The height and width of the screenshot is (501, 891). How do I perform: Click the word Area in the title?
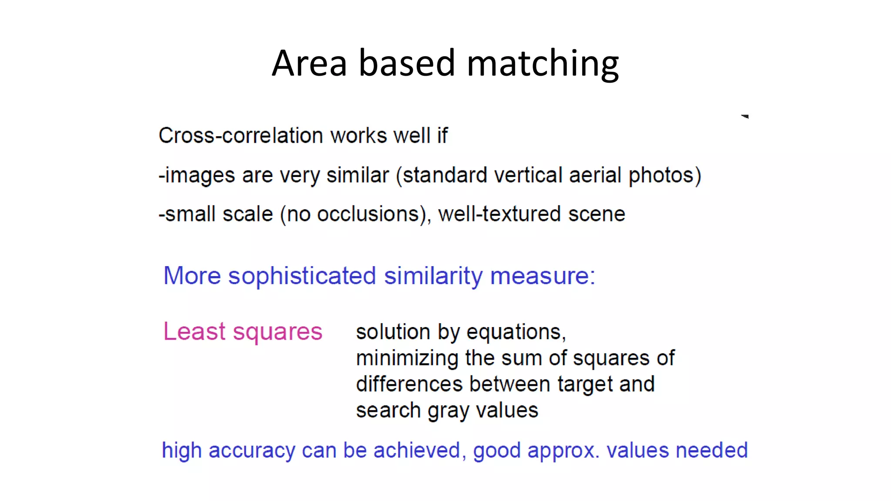click(x=309, y=64)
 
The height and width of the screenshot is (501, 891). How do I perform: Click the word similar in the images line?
click(x=357, y=175)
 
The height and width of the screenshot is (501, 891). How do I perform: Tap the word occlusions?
click(x=368, y=214)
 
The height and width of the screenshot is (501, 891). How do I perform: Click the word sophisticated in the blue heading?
click(x=302, y=276)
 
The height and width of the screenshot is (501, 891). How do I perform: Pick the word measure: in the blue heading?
click(x=543, y=276)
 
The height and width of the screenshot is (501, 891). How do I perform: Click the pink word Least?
click(x=194, y=331)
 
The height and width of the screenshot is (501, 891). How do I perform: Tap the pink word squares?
click(x=278, y=332)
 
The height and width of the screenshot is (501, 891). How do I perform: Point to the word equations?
click(x=516, y=333)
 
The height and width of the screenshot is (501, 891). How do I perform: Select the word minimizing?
click(x=407, y=358)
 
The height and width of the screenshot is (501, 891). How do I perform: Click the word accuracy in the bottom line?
click(x=252, y=451)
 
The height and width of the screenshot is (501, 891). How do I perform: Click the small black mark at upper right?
click(x=745, y=116)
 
